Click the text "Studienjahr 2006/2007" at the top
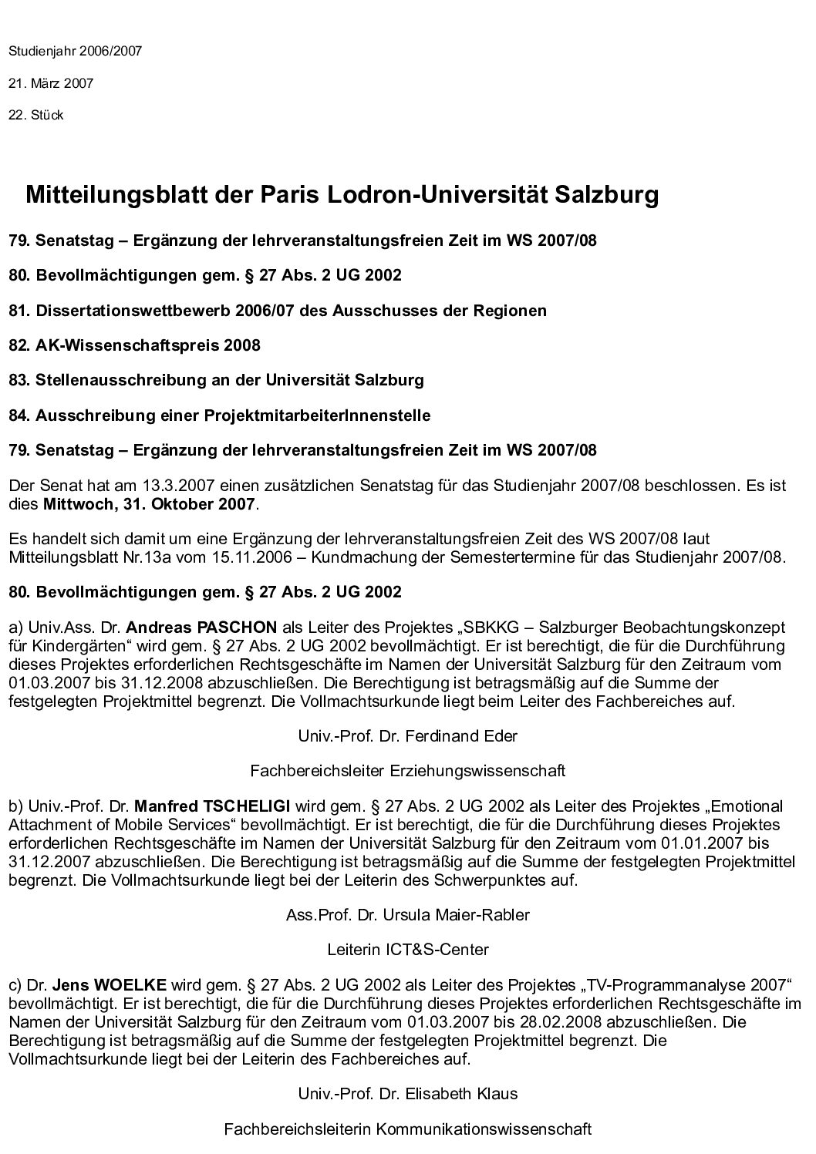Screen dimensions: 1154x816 pos(76,52)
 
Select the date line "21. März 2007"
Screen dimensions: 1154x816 pos(51,83)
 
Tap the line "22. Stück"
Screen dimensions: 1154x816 pos(36,116)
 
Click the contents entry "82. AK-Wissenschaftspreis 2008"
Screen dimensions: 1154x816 pos(134,345)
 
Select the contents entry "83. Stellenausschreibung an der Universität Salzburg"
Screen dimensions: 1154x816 pos(216,380)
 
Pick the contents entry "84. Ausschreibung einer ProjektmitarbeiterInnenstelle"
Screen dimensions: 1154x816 pos(220,416)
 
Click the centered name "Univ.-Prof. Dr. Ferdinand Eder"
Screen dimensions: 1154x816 pos(407,735)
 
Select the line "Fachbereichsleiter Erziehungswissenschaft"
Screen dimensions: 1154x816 pos(407,770)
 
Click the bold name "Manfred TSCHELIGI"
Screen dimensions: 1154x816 pos(212,806)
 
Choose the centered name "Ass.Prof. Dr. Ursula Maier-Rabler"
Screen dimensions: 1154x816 pos(407,915)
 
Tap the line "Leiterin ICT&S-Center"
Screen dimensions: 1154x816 pos(407,950)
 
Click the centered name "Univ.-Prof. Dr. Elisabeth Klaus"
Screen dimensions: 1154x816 pos(407,1094)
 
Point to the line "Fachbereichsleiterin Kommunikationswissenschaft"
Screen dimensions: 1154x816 pos(407,1129)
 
